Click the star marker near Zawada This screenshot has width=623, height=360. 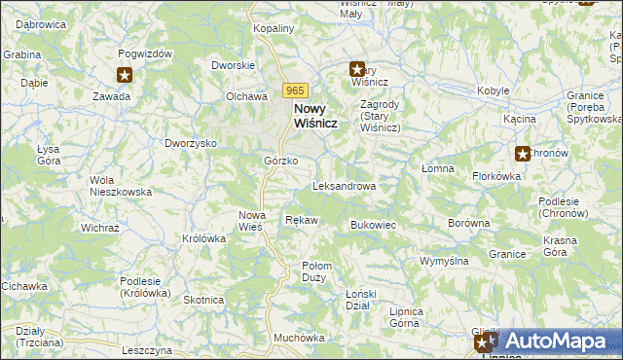click(x=125, y=75)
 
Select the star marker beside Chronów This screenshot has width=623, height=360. click(x=523, y=153)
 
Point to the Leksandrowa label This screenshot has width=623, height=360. click(x=344, y=186)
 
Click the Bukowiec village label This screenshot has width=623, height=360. click(x=372, y=225)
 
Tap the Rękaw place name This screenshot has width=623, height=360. click(x=301, y=221)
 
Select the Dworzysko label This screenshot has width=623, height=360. click(x=190, y=143)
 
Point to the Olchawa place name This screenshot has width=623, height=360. click(x=246, y=96)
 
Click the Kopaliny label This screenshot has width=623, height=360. click(x=273, y=29)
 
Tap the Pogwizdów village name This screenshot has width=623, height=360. click(x=145, y=54)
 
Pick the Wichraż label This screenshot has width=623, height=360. click(x=99, y=228)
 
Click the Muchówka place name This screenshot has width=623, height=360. click(x=299, y=338)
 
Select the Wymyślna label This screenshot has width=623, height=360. click(x=444, y=261)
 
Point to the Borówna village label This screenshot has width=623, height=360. click(x=468, y=223)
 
